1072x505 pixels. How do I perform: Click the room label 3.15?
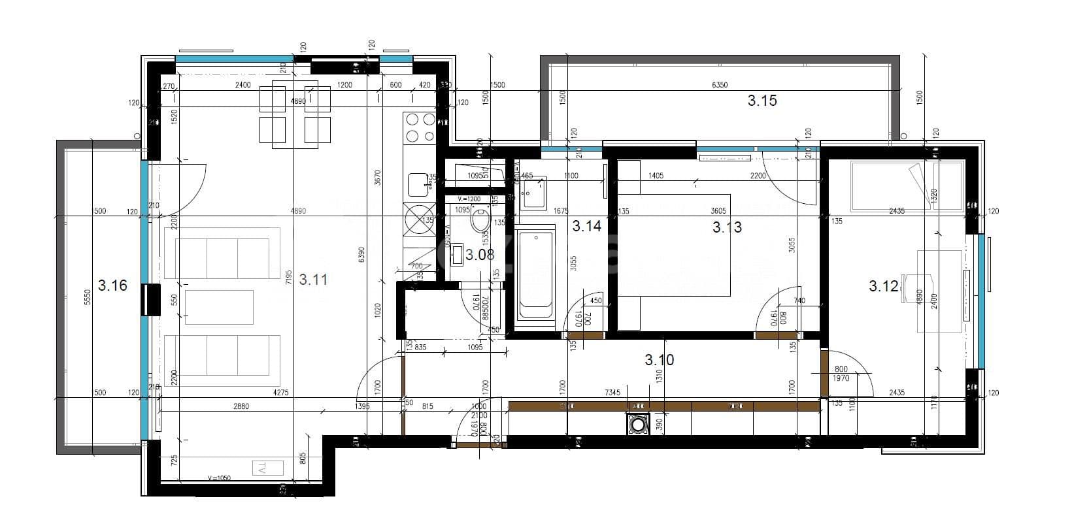762,101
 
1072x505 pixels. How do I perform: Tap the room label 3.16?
112,285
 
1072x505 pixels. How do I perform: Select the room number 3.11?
313,280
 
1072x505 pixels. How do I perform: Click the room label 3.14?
586,227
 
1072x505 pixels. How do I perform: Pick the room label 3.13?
727,227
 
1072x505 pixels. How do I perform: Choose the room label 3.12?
884,286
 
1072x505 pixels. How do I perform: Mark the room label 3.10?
659,360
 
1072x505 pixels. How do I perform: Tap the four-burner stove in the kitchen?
420,127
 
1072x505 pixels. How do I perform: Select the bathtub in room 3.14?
535,275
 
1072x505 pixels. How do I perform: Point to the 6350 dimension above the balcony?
719,85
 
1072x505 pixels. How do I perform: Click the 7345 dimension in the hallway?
612,393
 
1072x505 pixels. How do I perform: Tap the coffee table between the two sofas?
219,307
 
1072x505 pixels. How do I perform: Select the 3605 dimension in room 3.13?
718,211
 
